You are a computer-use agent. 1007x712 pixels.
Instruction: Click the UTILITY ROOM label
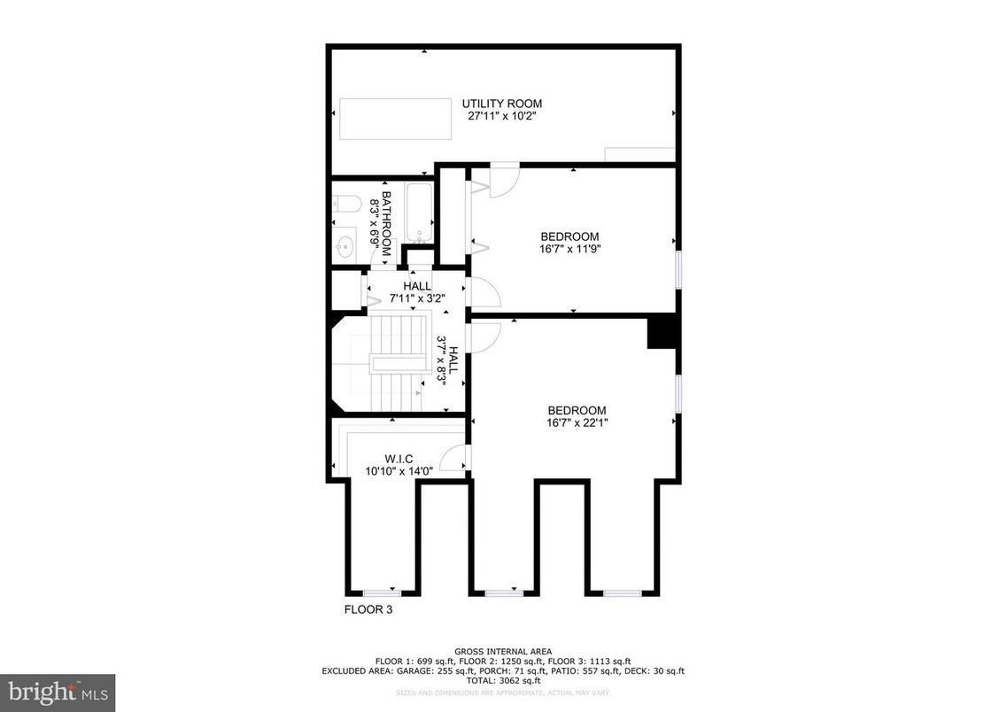click(501, 104)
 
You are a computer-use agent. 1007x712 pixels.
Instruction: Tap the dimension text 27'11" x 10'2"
click(501, 115)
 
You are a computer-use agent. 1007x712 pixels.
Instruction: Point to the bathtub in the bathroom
click(419, 213)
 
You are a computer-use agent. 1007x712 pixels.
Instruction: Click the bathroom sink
click(346, 243)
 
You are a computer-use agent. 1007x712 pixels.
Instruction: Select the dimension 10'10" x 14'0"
click(399, 471)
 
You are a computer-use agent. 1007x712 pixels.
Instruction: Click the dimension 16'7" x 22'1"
click(577, 422)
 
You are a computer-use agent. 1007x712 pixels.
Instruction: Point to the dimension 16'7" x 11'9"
click(570, 249)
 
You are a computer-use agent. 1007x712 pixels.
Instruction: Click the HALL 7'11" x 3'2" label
click(417, 292)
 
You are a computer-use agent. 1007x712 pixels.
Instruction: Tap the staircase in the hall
click(393, 363)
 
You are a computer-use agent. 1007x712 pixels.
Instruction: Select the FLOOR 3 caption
click(368, 609)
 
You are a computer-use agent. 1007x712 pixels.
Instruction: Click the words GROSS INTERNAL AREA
click(503, 651)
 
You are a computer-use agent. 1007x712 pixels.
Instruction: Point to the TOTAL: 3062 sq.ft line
click(503, 680)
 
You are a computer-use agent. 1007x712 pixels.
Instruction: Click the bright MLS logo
click(58, 692)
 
